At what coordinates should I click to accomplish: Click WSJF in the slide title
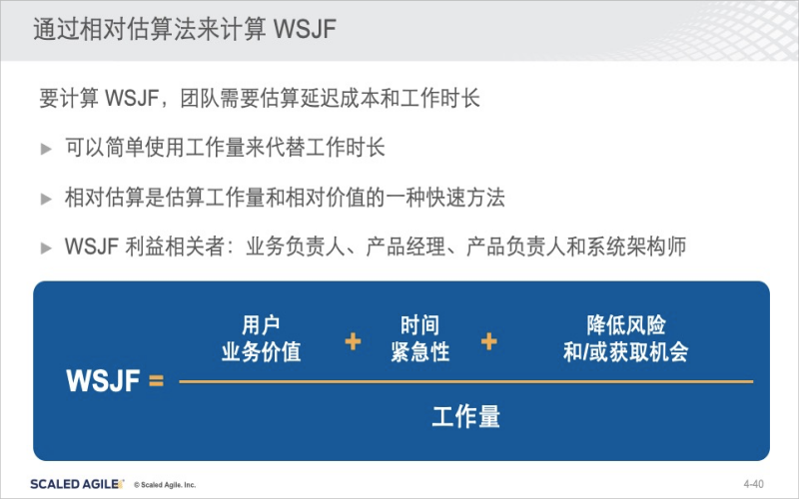[x=305, y=29]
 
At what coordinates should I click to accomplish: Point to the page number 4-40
[x=754, y=484]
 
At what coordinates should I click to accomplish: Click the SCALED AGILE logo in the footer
[x=77, y=484]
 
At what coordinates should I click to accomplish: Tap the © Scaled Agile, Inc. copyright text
[x=165, y=485]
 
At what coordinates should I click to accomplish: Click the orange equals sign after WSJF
[x=157, y=380]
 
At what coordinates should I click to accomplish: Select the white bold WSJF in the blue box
[x=103, y=380]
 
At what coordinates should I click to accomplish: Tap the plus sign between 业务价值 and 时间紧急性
[x=353, y=341]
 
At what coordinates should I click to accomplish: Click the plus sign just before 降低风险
[x=488, y=341]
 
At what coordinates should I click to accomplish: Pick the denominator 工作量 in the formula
[x=465, y=416]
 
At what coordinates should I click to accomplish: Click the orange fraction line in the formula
[x=465, y=381]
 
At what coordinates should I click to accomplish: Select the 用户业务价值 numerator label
[x=261, y=338]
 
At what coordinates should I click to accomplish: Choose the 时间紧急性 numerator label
[x=419, y=338]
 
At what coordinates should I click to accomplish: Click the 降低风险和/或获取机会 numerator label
[x=626, y=338]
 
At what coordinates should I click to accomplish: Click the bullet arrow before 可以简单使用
[x=46, y=149]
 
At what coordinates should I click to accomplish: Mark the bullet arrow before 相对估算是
[x=46, y=198]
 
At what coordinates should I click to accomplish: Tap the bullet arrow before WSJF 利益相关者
[x=46, y=248]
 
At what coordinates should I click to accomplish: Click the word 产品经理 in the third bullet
[x=405, y=247]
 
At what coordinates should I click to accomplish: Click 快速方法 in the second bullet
[x=465, y=198]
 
